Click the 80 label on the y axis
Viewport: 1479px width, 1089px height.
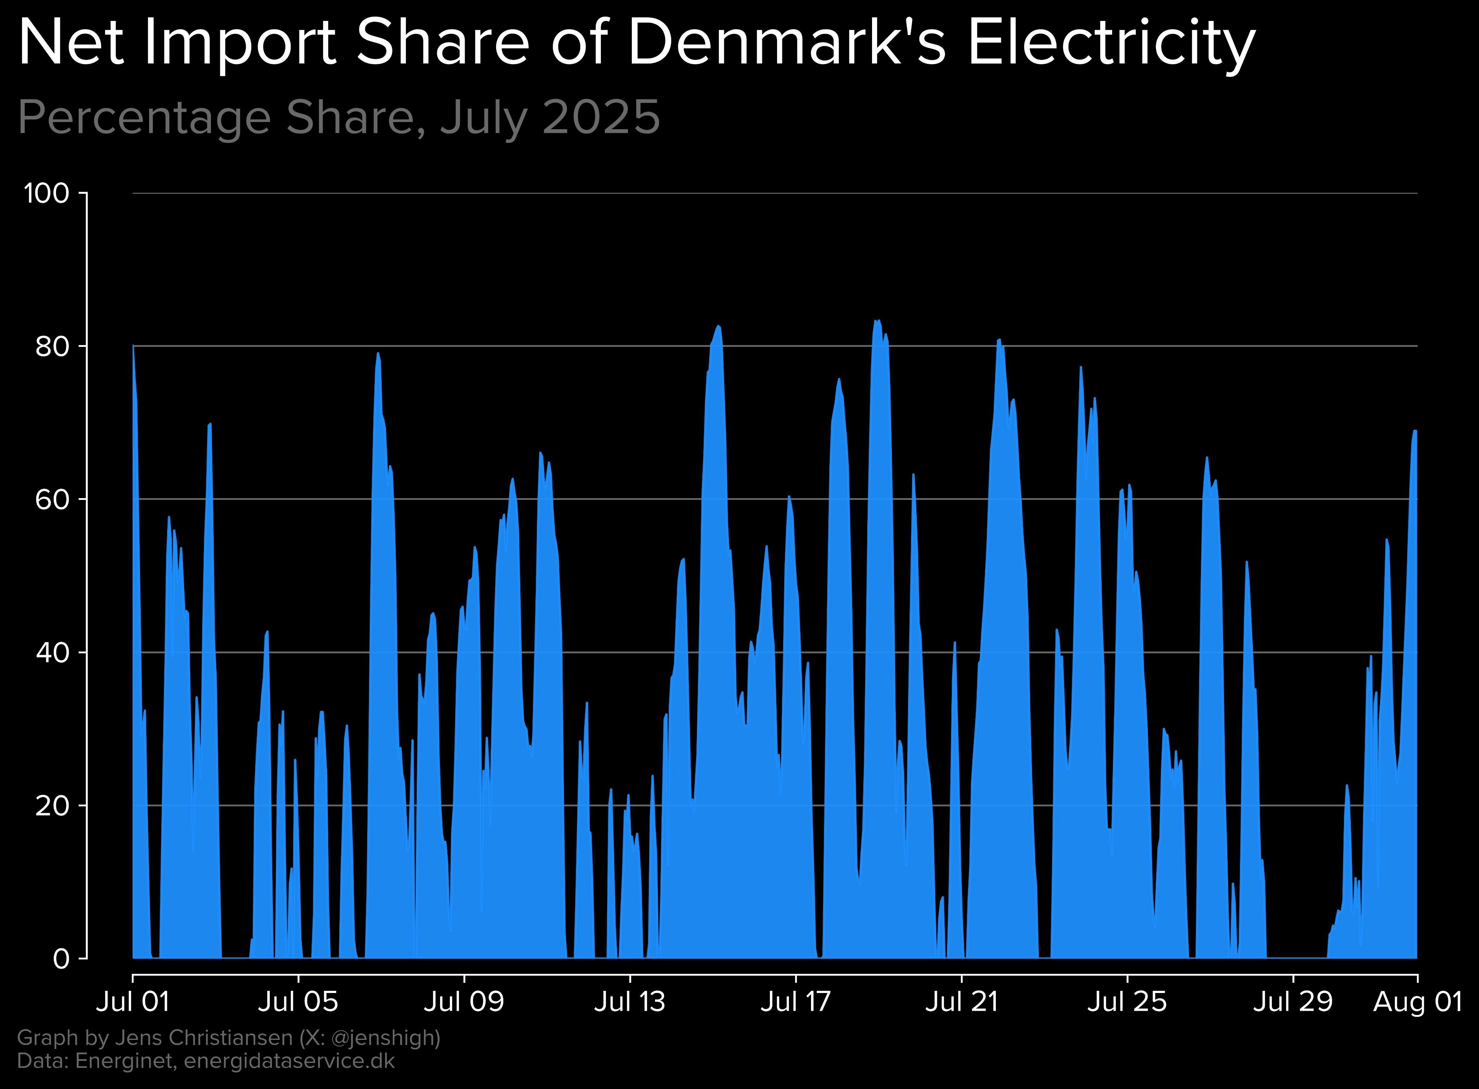pos(53,347)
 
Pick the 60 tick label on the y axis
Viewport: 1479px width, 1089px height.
pos(53,500)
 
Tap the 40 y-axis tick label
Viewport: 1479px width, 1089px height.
pos(53,653)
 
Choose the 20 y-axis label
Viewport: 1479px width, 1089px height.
pos(53,806)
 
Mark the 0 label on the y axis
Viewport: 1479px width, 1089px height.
pos(61,958)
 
